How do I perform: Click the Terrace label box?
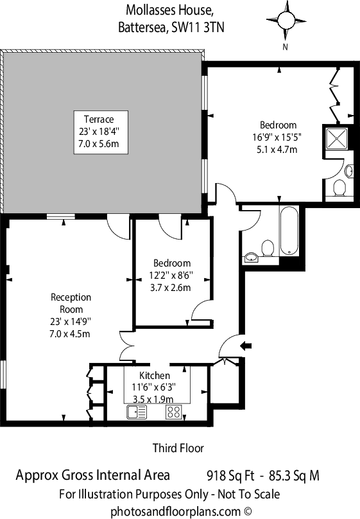101,132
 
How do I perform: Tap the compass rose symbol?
286,21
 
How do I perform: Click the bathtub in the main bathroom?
289,231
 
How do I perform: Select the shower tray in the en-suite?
337,139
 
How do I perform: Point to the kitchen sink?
137,412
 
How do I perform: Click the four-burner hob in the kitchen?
173,412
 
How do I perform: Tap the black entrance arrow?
246,346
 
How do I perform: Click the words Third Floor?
178,448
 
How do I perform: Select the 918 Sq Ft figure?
230,475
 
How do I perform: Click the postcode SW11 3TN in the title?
198,28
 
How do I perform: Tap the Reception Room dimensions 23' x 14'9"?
71,321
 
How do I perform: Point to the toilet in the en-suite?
339,188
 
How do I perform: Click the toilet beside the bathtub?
268,248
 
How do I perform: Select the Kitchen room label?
155,376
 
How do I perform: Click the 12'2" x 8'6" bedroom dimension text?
171,276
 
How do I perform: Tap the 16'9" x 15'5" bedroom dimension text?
277,137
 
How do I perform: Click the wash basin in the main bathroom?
252,257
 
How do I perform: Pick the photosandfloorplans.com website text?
181,512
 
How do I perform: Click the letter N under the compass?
286,47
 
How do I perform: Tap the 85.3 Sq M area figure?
294,475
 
